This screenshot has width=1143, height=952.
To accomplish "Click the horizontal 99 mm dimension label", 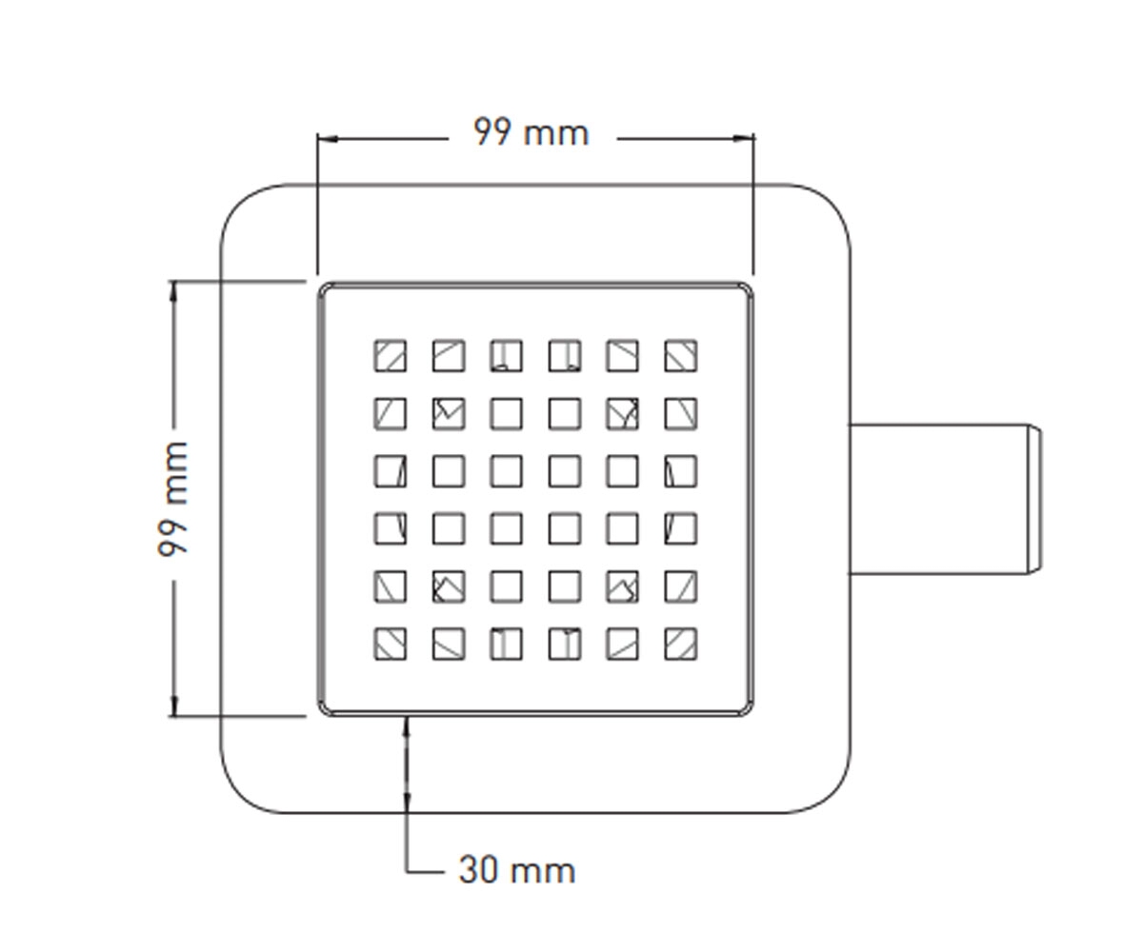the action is (x=531, y=132).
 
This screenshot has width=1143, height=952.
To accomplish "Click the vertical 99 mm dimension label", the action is (x=173, y=499).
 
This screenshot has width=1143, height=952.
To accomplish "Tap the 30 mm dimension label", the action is (x=517, y=870).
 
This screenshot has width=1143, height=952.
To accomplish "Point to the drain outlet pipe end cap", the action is (x=1033, y=500).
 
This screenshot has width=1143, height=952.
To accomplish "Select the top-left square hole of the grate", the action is (x=391, y=356).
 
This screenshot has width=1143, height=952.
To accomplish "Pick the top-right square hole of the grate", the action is (x=681, y=356).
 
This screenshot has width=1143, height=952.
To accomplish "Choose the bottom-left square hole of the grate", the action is (x=391, y=644).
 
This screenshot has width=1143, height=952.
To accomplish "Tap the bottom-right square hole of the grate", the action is (x=681, y=644).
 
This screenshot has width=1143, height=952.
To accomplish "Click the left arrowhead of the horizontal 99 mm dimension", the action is (x=328, y=139).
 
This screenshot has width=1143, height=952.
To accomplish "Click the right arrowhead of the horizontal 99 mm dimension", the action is (x=743, y=139).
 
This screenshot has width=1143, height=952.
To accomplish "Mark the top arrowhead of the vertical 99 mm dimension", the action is (x=174, y=291).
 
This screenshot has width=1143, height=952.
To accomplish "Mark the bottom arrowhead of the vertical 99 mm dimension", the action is (x=174, y=705).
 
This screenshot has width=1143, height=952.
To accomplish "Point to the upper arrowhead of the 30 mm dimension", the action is (x=407, y=727).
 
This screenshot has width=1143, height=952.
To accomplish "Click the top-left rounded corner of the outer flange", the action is (x=240, y=204).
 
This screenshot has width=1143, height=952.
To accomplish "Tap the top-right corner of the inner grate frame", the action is (x=748, y=288).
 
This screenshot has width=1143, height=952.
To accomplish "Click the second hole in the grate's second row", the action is (x=449, y=413).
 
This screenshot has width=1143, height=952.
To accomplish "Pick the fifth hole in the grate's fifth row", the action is (x=622, y=586).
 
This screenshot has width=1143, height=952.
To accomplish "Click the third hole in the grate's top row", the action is (x=507, y=356).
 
